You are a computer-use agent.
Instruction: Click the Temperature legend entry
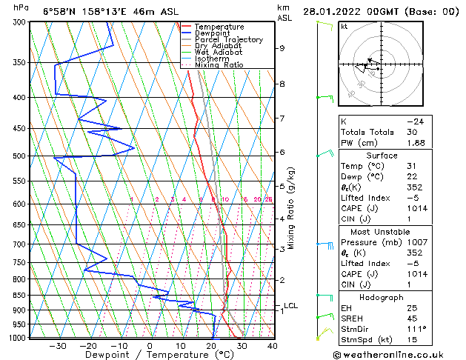(x=219, y=27)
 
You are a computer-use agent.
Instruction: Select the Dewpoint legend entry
(x=213, y=33)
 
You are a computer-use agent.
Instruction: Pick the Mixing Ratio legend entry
(x=219, y=65)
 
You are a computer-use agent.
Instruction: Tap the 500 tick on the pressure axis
(x=21, y=156)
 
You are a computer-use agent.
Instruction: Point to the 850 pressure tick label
(x=21, y=295)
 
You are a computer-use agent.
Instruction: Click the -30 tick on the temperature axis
(x=57, y=345)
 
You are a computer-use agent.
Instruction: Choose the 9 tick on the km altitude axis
(x=282, y=48)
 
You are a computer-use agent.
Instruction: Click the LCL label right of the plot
(x=290, y=305)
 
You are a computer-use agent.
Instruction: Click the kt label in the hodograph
(x=344, y=26)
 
